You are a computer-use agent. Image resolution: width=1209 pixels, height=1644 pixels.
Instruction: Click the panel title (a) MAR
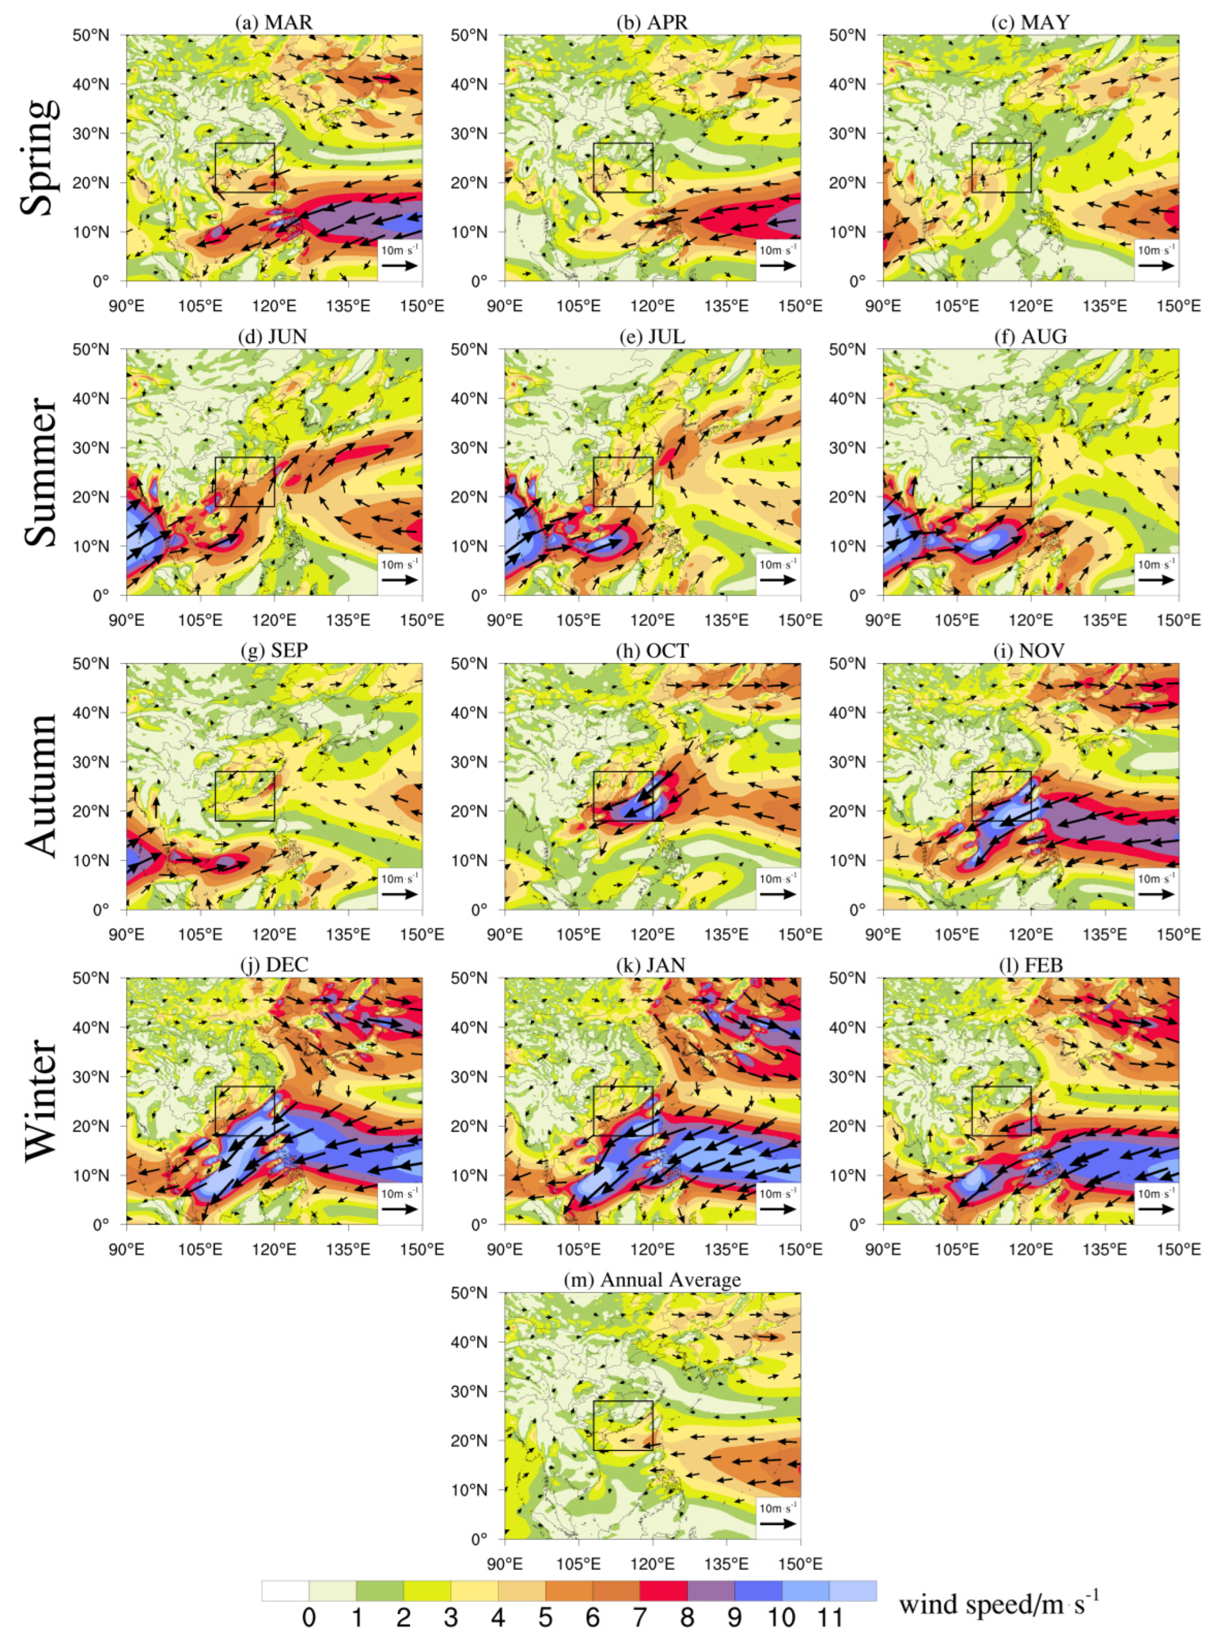pyautogui.click(x=274, y=23)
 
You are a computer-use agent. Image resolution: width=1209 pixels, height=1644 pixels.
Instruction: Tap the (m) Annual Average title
pyautogui.click(x=652, y=1280)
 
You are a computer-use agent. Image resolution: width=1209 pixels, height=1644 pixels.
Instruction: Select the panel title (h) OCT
pyautogui.click(x=652, y=651)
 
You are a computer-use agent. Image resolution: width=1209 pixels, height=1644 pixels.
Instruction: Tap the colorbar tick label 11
pyautogui.click(x=830, y=1617)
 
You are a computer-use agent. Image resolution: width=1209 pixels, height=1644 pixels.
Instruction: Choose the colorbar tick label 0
pyautogui.click(x=309, y=1617)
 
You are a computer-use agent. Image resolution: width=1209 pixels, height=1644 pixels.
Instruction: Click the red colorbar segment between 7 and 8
pyautogui.click(x=663, y=1590)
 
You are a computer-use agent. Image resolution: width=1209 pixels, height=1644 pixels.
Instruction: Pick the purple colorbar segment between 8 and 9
pyautogui.click(x=711, y=1590)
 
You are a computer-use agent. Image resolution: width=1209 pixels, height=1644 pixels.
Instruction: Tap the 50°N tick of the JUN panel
pyautogui.click(x=91, y=350)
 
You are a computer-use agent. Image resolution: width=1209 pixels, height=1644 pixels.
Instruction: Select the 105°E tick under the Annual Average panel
pyautogui.click(x=578, y=1563)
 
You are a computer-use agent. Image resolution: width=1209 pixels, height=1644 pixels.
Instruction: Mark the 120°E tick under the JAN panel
pyautogui.click(x=652, y=1249)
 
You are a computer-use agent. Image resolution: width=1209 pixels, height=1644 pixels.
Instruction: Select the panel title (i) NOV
pyautogui.click(x=1030, y=651)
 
